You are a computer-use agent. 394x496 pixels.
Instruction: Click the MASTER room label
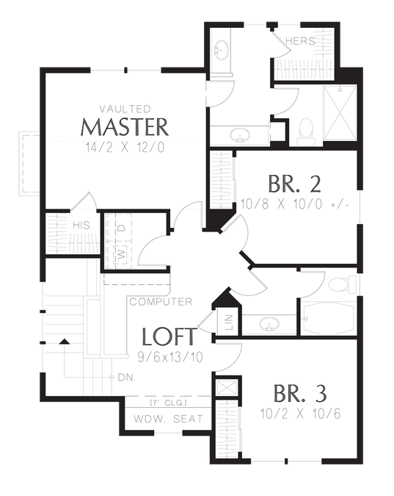125,127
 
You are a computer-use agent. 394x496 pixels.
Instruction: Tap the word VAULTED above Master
125,109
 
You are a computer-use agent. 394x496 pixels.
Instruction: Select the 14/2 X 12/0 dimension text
125,148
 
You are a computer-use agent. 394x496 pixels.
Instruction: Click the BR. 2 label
294,184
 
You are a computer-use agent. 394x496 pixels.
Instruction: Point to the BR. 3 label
300,394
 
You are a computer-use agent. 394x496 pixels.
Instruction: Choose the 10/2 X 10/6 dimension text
301,414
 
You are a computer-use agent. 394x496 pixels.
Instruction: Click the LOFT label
169,337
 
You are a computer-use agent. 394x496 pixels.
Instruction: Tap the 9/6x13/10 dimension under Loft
170,357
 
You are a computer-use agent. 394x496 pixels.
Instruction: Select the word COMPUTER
161,302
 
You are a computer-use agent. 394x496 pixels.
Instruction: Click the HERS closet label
300,41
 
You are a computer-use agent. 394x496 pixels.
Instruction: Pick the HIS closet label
81,226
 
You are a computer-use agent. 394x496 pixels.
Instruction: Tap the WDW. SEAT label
168,419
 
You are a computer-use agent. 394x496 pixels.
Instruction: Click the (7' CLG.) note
168,403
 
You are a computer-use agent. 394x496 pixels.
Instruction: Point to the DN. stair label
127,378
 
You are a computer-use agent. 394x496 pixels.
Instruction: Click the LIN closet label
230,323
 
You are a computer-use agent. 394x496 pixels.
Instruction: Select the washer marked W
121,254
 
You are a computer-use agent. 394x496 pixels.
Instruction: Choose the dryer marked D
122,228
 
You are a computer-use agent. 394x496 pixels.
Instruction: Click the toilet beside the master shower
306,132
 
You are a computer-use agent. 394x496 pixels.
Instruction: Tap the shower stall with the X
340,113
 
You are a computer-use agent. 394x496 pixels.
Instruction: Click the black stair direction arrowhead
65,341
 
